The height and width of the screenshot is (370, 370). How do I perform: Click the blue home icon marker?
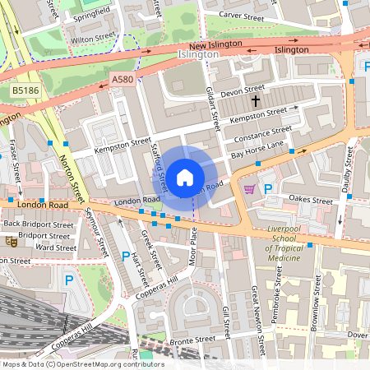click(185, 177)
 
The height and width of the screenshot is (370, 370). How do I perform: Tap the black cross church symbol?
click(256, 100)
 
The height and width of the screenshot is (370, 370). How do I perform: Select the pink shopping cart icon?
click(249, 189)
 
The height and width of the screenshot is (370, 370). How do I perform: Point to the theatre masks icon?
click(11, 242)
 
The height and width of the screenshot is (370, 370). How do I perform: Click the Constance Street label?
click(263, 132)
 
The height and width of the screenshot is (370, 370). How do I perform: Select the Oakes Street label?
click(310, 199)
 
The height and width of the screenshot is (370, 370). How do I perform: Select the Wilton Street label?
click(93, 39)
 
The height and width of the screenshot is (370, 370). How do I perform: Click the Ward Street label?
click(56, 247)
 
